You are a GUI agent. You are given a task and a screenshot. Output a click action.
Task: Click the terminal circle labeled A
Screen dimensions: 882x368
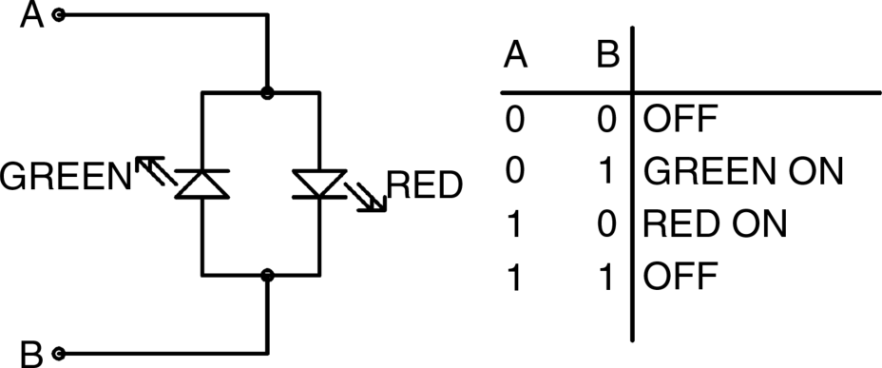[59, 15]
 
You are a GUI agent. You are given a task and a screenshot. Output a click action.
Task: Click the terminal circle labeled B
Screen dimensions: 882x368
[59, 354]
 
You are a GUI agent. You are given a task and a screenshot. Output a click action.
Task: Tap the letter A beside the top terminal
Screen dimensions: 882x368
[32, 15]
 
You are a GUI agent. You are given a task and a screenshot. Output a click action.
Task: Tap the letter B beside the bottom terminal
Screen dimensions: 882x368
[31, 354]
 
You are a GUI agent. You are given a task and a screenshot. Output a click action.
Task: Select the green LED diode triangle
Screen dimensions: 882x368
[201, 184]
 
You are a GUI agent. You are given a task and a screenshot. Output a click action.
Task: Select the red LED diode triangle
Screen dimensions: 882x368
[319, 184]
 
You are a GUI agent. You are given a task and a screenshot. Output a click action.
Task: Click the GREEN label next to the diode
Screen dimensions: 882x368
[66, 176]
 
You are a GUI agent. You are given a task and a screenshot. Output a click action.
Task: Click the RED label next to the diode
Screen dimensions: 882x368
[425, 185]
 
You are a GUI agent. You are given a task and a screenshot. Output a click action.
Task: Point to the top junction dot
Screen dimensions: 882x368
[268, 92]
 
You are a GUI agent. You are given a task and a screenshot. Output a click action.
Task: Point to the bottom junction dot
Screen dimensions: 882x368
[268, 275]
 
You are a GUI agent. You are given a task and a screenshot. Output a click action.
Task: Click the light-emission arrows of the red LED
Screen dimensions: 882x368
[366, 197]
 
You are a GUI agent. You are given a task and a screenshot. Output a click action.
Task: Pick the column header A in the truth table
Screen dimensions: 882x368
[515, 56]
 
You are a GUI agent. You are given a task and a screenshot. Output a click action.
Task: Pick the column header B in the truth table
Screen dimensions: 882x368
[607, 56]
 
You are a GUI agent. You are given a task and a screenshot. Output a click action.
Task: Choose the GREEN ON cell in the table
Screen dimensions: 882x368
[743, 171]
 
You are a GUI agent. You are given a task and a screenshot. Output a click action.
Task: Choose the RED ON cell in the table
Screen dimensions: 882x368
[715, 224]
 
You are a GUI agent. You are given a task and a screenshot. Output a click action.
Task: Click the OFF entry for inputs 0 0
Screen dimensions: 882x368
[681, 119]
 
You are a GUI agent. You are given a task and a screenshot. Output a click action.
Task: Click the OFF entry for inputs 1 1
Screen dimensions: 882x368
[681, 277]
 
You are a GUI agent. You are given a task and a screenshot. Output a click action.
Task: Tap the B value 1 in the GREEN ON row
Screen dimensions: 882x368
[606, 171]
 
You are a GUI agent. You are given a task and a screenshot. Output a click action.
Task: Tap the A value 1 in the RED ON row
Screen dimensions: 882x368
[514, 224]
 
